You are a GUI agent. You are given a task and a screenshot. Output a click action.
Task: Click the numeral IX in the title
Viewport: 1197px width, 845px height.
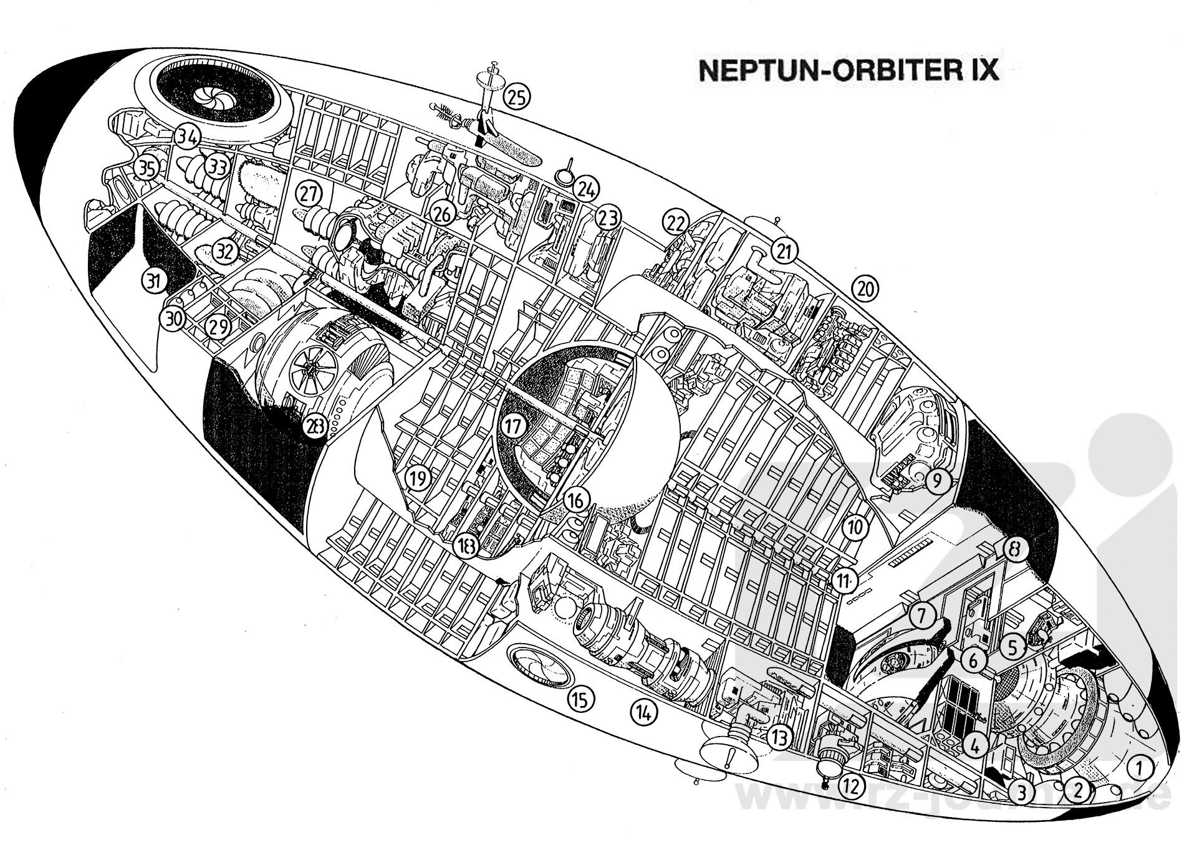pos(979,70)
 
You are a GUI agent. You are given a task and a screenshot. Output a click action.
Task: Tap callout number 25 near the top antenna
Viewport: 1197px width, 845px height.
pos(517,96)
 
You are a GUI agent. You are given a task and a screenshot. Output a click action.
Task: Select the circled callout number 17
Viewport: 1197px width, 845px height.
pos(513,427)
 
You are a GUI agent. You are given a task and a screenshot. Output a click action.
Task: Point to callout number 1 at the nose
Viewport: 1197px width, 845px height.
pos(1139,768)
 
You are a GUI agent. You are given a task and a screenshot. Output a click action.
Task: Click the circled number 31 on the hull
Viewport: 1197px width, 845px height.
pos(153,281)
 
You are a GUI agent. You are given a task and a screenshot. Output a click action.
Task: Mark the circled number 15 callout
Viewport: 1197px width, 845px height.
pos(580,699)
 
